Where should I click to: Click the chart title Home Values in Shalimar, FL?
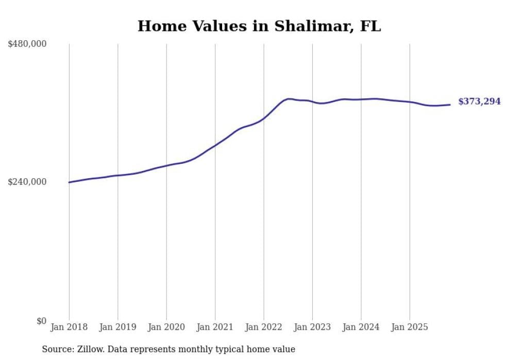(259, 26)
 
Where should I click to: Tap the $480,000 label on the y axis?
(27, 44)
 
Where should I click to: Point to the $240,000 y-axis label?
(27, 182)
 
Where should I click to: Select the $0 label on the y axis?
(41, 321)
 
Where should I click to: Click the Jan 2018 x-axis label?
(69, 327)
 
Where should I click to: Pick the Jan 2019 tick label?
(117, 327)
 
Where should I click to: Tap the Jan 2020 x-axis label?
(166, 327)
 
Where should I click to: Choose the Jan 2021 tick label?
(215, 327)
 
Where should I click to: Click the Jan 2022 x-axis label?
(264, 327)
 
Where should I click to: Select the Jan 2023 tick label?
(312, 327)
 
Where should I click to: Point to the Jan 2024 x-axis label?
(361, 327)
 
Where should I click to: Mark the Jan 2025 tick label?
(410, 327)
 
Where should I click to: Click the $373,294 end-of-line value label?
(479, 101)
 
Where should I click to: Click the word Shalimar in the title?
(300, 26)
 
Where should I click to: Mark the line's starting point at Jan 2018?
(69, 182)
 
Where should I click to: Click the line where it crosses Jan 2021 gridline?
(215, 145)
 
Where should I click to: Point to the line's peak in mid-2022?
(289, 99)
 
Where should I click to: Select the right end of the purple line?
(450, 105)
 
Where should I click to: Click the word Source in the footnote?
(56, 349)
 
